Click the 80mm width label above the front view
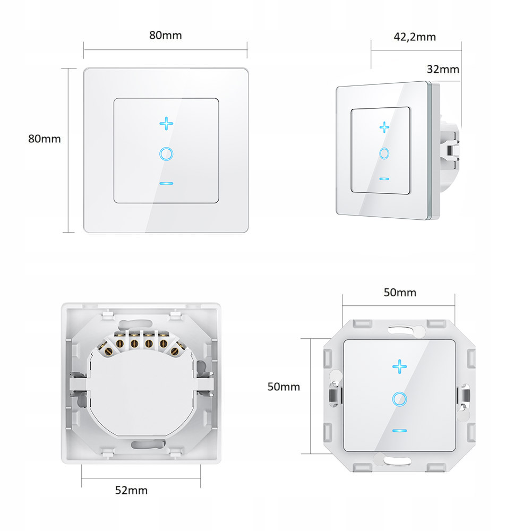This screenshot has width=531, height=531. [166, 35]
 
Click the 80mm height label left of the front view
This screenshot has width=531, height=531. [45, 139]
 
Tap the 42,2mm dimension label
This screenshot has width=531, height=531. [415, 37]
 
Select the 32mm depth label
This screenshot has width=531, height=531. [443, 69]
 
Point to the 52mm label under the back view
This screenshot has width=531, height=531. [131, 490]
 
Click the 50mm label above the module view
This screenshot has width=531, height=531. [400, 293]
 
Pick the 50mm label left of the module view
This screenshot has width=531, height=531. [284, 387]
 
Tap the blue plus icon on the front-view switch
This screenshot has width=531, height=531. [166, 124]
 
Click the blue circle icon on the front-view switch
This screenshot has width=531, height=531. [166, 154]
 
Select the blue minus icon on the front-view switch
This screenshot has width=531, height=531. [166, 184]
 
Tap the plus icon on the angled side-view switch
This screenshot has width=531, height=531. [384, 127]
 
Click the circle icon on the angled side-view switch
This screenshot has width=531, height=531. [384, 153]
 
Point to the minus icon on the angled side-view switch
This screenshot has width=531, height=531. [384, 179]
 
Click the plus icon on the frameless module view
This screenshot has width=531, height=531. [400, 367]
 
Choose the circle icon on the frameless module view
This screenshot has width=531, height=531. [400, 399]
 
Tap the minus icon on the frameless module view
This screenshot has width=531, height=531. [400, 431]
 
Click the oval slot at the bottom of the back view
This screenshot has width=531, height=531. [148, 444]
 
